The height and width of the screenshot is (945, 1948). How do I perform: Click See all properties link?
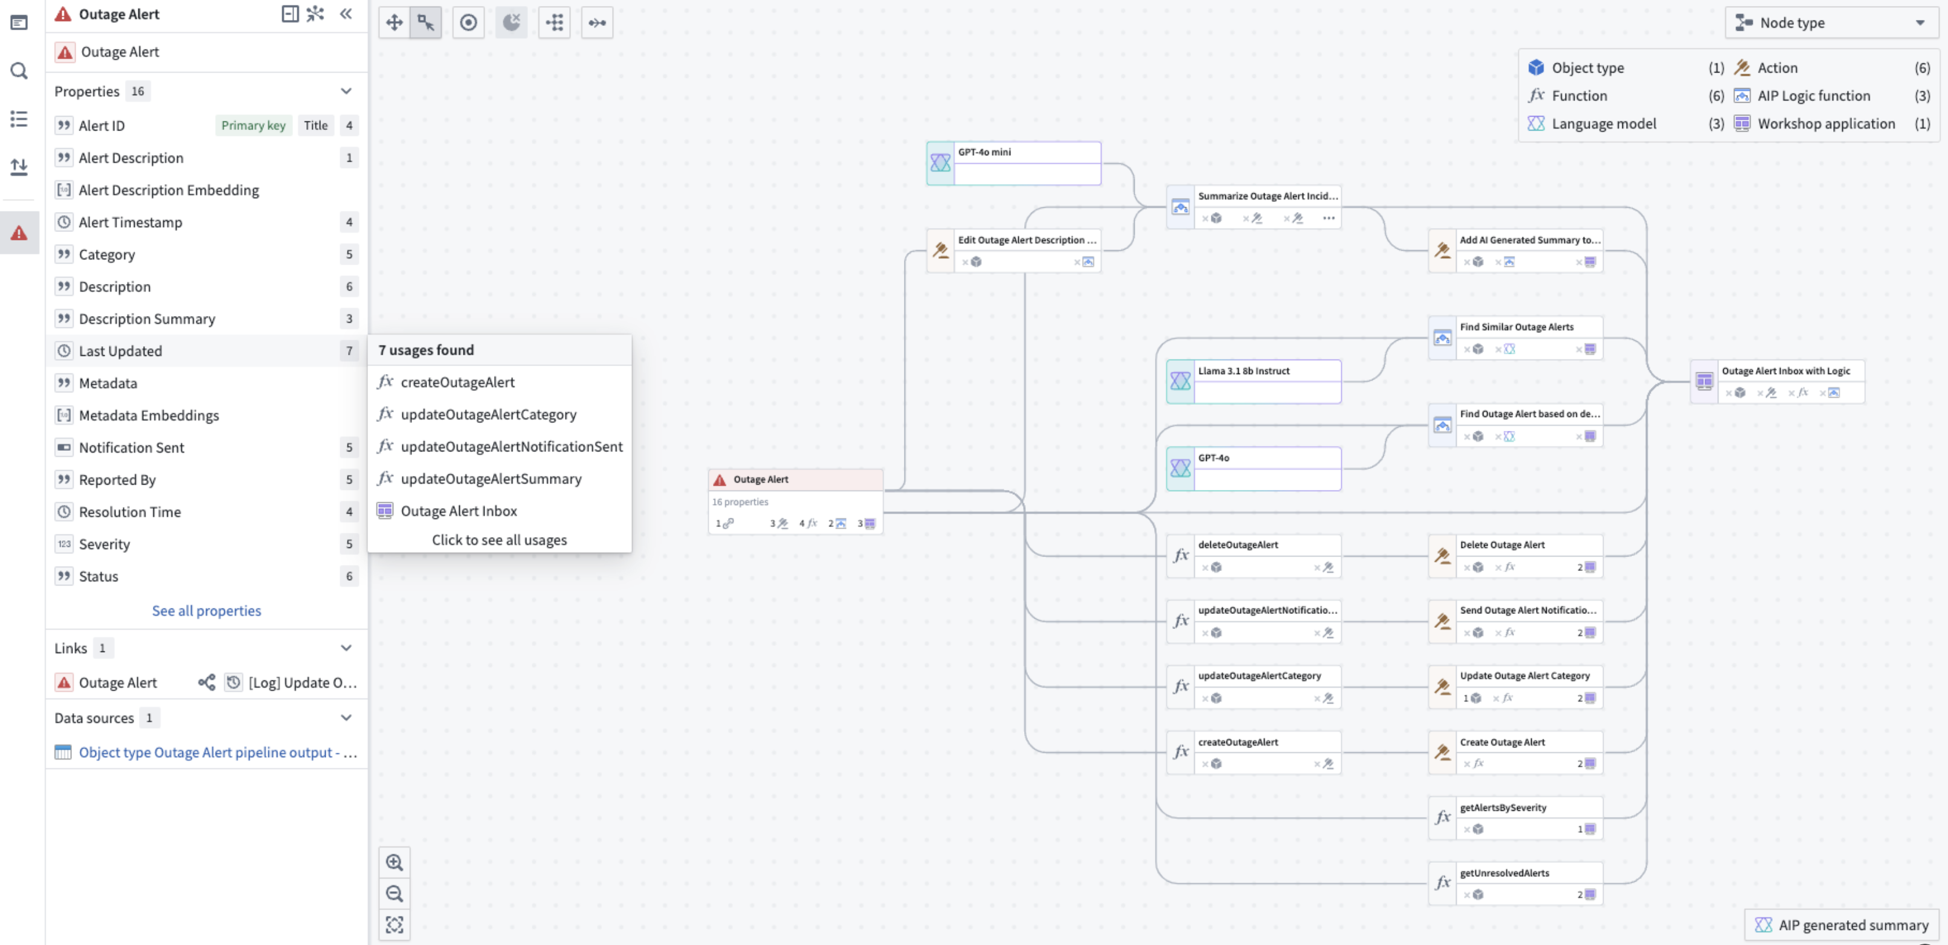[x=207, y=611]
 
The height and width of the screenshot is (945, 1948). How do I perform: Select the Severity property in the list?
[x=105, y=544]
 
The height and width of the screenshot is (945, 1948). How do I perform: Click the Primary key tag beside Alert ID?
[x=253, y=126]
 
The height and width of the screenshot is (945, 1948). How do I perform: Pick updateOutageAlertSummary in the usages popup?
[x=491, y=479]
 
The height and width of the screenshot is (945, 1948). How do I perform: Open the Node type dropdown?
[x=1830, y=23]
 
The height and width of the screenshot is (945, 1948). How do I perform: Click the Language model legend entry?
[x=1603, y=124]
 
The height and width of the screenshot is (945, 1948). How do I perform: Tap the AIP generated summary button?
[x=1842, y=925]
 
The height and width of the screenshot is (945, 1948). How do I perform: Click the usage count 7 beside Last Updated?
[x=349, y=351]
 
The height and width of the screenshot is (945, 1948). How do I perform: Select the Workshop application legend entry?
[x=1825, y=124]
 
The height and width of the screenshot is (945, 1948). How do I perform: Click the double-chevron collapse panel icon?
[x=346, y=14]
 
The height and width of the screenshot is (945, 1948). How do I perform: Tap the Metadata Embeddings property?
[x=149, y=416]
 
